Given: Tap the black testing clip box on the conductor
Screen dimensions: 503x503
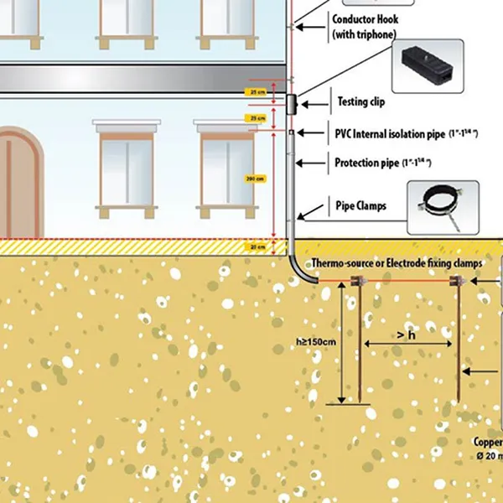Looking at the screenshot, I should pyautogui.click(x=291, y=105).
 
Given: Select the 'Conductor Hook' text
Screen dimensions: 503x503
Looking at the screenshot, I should pyautogui.click(x=366, y=19).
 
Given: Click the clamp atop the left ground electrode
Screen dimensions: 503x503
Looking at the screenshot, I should pyautogui.click(x=341, y=282).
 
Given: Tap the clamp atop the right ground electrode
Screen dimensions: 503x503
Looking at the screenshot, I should pyautogui.click(x=457, y=281).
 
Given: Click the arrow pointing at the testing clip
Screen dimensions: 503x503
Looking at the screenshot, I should pyautogui.click(x=314, y=104).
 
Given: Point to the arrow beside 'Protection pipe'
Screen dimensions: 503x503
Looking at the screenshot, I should pyautogui.click(x=315, y=163).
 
